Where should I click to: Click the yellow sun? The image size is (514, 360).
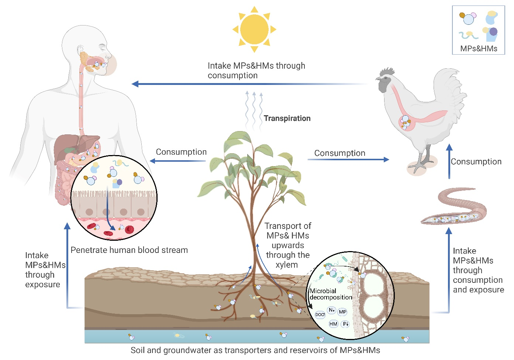254,29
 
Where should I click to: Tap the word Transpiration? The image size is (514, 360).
287,119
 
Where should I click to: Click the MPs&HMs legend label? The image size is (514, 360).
479,49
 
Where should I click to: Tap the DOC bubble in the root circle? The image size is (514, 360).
320,315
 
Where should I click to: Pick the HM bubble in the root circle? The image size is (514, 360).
333,324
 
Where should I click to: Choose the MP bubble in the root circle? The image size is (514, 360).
342,312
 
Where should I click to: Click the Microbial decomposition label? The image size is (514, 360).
331,294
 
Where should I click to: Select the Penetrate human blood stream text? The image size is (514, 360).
129,250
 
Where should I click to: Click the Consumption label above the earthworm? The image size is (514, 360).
476,162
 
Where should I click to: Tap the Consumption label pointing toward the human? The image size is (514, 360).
181,152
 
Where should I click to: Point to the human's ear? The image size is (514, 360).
80,49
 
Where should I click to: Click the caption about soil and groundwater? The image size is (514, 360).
255,350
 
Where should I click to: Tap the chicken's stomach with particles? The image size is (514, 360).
406,122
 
